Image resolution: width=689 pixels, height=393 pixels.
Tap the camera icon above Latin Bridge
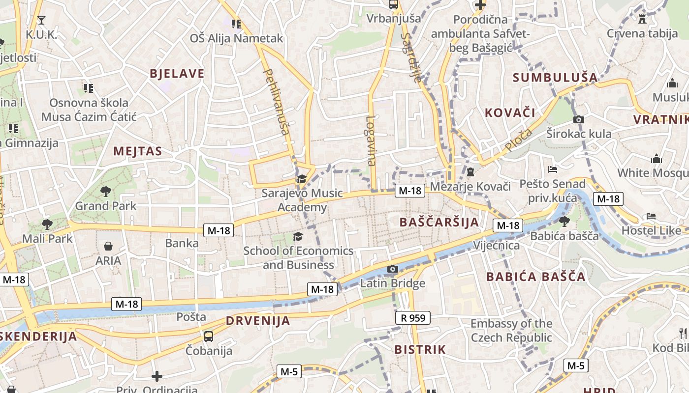click(393, 269)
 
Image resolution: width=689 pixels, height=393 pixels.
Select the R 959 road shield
click(413, 318)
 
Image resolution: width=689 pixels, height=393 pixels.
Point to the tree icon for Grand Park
click(105, 191)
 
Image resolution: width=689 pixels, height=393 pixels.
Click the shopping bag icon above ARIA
click(108, 246)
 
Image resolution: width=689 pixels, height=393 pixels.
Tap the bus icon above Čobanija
click(209, 337)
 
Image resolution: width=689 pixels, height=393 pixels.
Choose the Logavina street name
click(371, 140)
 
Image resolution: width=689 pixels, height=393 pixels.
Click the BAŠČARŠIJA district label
click(439, 222)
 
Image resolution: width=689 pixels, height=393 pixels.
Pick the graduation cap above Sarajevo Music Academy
click(302, 179)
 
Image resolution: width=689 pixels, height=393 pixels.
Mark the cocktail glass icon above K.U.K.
click(41, 20)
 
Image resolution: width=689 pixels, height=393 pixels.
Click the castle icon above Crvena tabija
click(642, 19)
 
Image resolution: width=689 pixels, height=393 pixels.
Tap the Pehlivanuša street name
click(276, 102)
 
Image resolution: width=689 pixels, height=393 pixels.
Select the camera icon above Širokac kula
click(579, 119)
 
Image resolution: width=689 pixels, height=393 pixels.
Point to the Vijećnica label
click(496, 245)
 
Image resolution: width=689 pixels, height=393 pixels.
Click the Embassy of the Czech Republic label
click(511, 331)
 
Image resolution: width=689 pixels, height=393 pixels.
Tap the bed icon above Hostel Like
click(651, 216)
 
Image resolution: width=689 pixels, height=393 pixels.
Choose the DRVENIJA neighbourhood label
click(258, 321)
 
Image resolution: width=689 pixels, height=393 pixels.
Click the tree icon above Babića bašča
click(564, 221)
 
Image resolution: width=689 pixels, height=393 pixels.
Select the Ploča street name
click(518, 140)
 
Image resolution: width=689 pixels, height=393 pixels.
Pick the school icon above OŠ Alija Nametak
click(236, 24)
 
